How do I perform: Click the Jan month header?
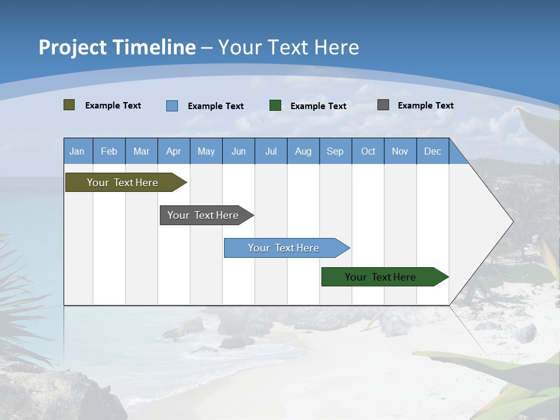pos(77,151)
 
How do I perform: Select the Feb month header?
pos(109,151)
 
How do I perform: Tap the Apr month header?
pos(173,151)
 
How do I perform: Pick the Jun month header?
pos(239,151)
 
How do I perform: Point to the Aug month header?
pos(303,151)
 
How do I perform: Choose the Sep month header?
pos(335,151)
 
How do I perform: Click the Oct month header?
pos(368,151)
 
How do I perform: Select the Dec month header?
pos(432,151)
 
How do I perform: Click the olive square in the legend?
pos(69,105)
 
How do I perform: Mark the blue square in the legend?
pos(172,106)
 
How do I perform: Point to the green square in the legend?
pos(275,106)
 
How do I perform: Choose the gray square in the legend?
pos(383,105)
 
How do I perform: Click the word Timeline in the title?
pos(154,47)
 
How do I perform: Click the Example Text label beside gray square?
pos(425,106)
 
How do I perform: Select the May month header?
pos(206,151)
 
